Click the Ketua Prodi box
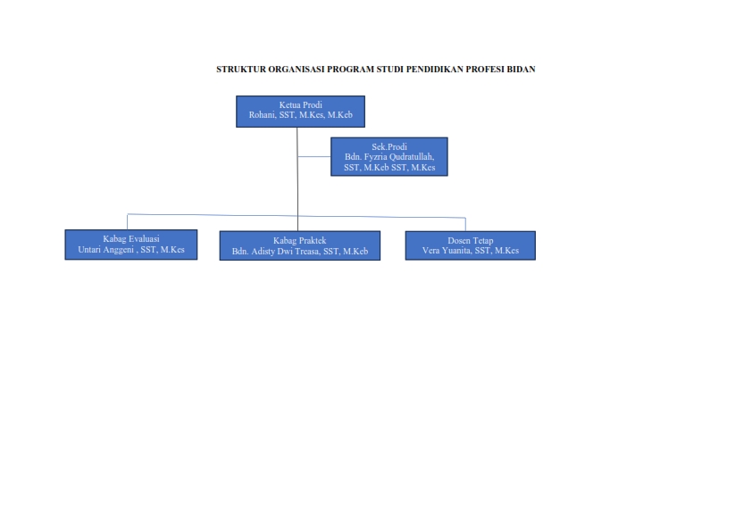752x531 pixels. coord(300,112)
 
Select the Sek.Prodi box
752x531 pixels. coord(389,157)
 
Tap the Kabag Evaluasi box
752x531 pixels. coord(131,245)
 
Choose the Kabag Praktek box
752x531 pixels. coord(300,245)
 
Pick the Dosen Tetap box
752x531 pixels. coord(471,245)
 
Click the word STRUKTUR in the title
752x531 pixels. coord(241,69)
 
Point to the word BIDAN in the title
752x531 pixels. coord(521,69)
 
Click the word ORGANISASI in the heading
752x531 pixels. coord(297,69)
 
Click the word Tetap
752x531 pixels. coord(481,241)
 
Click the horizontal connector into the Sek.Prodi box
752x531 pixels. coord(314,157)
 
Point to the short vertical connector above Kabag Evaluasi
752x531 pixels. coord(127,222)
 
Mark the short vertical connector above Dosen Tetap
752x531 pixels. coord(465,224)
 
